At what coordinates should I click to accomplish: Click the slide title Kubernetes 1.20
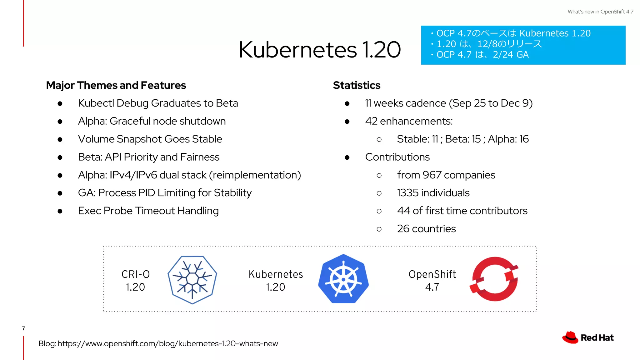(319, 50)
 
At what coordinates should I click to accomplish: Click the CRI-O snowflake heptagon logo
(192, 280)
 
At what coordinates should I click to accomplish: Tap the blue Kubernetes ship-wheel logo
(343, 279)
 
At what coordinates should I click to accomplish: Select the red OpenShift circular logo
(494, 279)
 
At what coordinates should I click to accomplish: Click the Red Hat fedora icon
(570, 337)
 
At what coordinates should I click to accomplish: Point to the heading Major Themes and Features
(116, 85)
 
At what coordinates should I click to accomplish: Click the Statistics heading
(357, 85)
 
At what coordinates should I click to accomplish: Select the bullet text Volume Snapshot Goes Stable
(150, 139)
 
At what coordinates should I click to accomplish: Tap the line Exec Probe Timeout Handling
(148, 211)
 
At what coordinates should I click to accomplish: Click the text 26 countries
(426, 229)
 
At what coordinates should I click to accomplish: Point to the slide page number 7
(23, 328)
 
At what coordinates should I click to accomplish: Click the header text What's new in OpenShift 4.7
(600, 12)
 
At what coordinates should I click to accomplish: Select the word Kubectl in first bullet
(96, 103)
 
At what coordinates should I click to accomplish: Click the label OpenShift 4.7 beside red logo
(432, 280)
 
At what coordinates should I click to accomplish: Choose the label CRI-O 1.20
(136, 280)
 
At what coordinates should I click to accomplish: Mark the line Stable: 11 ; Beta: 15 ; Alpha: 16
(462, 139)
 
